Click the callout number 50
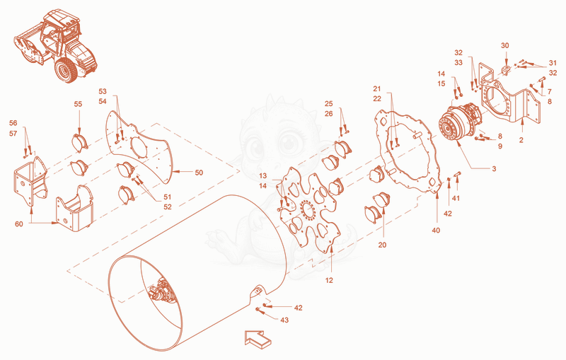click(199, 173)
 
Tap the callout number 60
click(19, 224)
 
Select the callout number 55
click(78, 104)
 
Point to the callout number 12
click(329, 280)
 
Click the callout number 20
click(382, 245)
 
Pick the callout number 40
click(436, 230)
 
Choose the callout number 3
click(494, 169)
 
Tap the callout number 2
click(521, 140)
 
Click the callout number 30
click(505, 46)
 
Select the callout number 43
click(284, 320)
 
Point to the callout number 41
click(456, 198)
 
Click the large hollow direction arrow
click(258, 339)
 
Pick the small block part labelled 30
click(506, 69)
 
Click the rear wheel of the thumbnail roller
click(66, 71)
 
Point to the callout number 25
click(328, 104)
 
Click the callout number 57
click(13, 134)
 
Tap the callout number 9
click(500, 146)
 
